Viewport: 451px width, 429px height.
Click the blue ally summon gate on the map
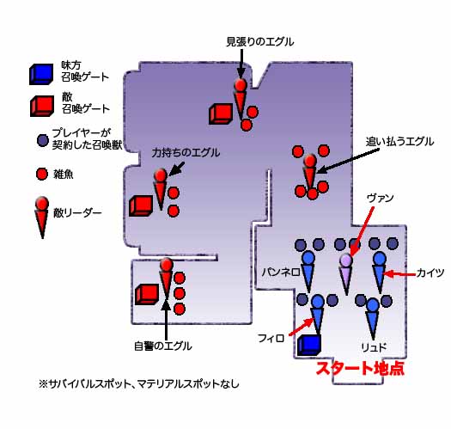pos(309,345)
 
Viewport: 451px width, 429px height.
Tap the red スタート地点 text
pos(360,368)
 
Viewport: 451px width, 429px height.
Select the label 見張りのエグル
pos(259,42)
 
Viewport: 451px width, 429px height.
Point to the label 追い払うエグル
pos(399,141)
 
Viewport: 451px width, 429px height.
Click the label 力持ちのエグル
pos(186,152)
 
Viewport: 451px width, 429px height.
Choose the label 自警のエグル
pos(163,346)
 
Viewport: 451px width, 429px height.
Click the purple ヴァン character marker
pos(346,273)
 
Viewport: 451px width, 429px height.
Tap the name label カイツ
pos(430,273)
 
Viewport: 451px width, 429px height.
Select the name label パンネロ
pos(281,272)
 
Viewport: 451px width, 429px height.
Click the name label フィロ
pos(271,338)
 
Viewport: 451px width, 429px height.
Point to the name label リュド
pos(374,347)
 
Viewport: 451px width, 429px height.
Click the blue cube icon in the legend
pos(41,74)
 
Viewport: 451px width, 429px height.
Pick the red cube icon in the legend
pos(42,106)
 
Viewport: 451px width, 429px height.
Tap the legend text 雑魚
pos(64,175)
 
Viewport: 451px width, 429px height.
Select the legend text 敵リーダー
pos(77,213)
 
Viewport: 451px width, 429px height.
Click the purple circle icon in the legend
pos(43,140)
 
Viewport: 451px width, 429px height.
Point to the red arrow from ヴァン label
pos(363,231)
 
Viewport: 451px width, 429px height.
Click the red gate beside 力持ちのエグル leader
pos(141,205)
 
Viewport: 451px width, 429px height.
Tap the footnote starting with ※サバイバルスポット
pos(139,383)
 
